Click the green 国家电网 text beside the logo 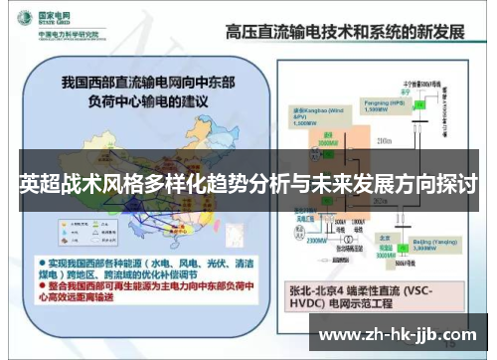pyautogui.click(x=50, y=14)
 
